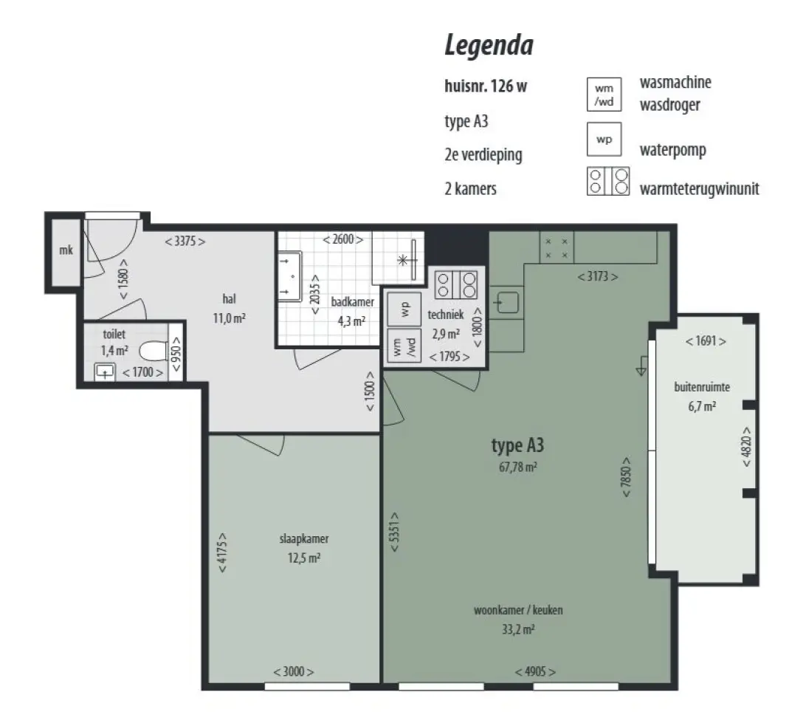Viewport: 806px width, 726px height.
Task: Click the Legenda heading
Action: (x=489, y=46)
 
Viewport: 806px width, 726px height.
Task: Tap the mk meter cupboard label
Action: (x=66, y=250)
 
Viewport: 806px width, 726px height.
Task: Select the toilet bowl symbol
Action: (x=154, y=351)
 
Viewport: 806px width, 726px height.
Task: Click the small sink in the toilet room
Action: (x=105, y=371)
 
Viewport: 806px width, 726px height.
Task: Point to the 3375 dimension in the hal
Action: (x=185, y=241)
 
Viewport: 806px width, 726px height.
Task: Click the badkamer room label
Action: (x=353, y=301)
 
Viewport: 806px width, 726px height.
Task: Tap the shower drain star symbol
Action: (x=403, y=261)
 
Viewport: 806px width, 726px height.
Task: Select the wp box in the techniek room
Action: (x=404, y=309)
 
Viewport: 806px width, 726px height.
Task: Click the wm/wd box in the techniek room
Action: (x=404, y=346)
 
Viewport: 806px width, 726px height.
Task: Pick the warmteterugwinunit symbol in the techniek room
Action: (x=456, y=284)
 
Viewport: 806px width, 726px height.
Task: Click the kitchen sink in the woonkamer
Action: (x=506, y=302)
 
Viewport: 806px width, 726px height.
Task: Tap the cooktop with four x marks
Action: (x=557, y=247)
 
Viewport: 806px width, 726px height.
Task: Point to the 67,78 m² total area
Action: (x=518, y=467)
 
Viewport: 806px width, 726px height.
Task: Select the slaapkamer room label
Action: (x=304, y=538)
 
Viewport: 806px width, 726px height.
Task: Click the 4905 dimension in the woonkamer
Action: (x=536, y=671)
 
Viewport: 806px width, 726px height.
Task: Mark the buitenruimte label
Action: (x=702, y=387)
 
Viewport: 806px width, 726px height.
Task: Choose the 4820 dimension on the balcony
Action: (x=746, y=447)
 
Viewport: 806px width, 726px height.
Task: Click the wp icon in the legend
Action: (x=604, y=139)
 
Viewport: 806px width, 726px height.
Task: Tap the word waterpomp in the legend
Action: (x=673, y=150)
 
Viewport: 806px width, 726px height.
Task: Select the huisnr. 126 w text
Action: (x=486, y=86)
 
